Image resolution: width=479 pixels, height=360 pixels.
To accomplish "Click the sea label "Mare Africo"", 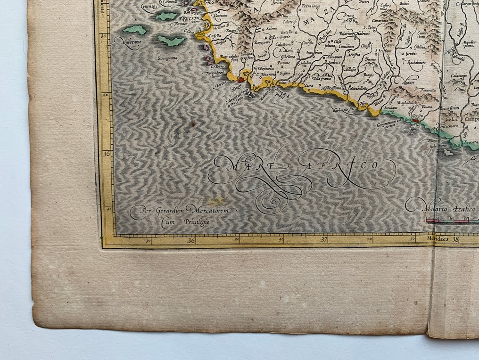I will point(302,166).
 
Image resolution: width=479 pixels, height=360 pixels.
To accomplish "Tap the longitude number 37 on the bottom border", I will point(324,240).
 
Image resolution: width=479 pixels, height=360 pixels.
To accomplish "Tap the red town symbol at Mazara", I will point(241,80).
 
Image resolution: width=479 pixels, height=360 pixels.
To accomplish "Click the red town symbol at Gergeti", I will point(416,121).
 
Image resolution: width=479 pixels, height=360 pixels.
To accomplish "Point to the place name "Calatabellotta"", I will point(360,88).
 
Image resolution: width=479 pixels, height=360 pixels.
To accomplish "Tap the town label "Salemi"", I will point(272,28).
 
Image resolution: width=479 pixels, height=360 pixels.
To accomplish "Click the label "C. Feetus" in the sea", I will point(220,86).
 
